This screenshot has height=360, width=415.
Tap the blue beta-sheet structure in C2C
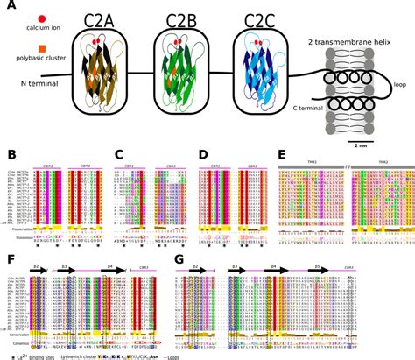[x=261, y=81]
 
